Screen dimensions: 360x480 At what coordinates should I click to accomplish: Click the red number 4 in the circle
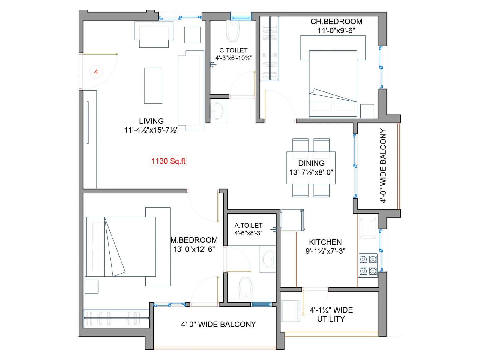[96, 72]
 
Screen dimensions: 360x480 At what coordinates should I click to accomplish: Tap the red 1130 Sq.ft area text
[168, 161]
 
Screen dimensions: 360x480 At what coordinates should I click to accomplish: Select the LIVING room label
[151, 121]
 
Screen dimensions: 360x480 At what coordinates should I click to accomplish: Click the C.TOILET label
[233, 50]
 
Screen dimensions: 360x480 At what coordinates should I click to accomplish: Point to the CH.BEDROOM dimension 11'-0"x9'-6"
[336, 30]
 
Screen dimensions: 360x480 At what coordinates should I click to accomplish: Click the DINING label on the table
[311, 163]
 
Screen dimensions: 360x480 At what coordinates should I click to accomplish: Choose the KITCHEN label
[325, 242]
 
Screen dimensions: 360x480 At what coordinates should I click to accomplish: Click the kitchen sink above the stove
[368, 228]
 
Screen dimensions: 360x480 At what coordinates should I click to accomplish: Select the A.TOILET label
[248, 225]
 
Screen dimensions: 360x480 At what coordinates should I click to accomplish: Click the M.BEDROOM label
[194, 240]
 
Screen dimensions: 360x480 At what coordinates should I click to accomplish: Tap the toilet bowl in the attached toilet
[246, 287]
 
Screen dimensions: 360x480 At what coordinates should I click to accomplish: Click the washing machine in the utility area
[291, 311]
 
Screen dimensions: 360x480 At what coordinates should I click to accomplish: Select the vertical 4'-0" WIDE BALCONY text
[383, 166]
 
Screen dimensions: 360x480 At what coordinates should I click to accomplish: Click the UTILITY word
[331, 319]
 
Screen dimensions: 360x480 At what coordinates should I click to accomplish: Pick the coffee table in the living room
[153, 86]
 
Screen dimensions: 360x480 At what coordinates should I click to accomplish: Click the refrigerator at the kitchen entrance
[292, 220]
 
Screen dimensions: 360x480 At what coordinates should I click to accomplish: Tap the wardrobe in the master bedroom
[116, 318]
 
